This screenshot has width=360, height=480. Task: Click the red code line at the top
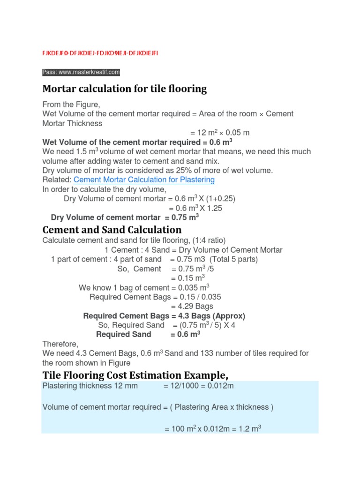pos(100,53)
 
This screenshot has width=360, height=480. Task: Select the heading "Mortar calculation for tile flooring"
pos(124,89)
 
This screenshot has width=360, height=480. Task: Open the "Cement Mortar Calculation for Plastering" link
pos(144,180)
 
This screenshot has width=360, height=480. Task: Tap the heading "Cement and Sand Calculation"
pos(112,230)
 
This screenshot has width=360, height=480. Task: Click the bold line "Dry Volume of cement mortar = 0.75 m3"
pos(125,217)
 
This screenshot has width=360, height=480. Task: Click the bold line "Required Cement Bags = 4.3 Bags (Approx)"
pos(164,316)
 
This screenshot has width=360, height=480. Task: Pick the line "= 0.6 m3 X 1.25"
pos(195,208)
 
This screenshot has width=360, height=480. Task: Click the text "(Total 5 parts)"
pos(233,260)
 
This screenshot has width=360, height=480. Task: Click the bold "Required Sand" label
pos(123,335)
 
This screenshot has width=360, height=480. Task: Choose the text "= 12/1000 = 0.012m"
pos(198,386)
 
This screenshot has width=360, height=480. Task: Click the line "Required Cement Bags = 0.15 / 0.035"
pos(155,297)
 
